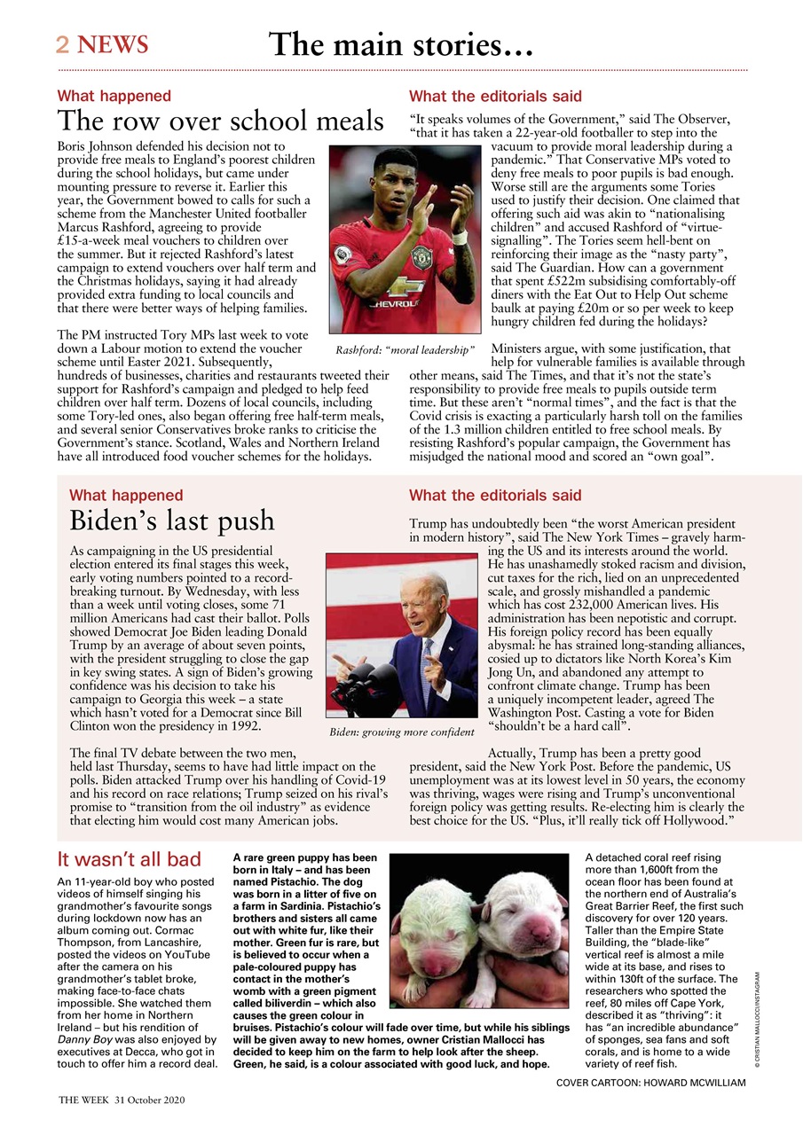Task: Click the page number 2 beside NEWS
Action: [63, 44]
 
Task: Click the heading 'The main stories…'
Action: [400, 43]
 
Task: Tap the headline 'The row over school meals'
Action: [220, 121]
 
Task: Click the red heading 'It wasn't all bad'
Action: [129, 859]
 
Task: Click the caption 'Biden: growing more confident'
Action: [401, 732]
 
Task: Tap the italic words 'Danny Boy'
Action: [86, 1038]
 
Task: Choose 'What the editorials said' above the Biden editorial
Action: [495, 495]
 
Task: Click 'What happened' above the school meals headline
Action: [114, 96]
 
